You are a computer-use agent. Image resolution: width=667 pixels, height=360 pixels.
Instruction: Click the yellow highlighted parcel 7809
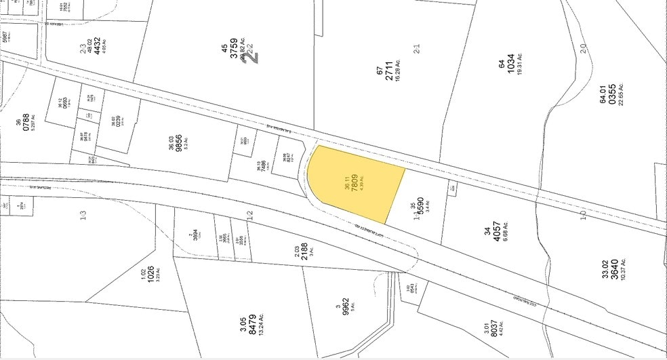click(352, 183)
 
